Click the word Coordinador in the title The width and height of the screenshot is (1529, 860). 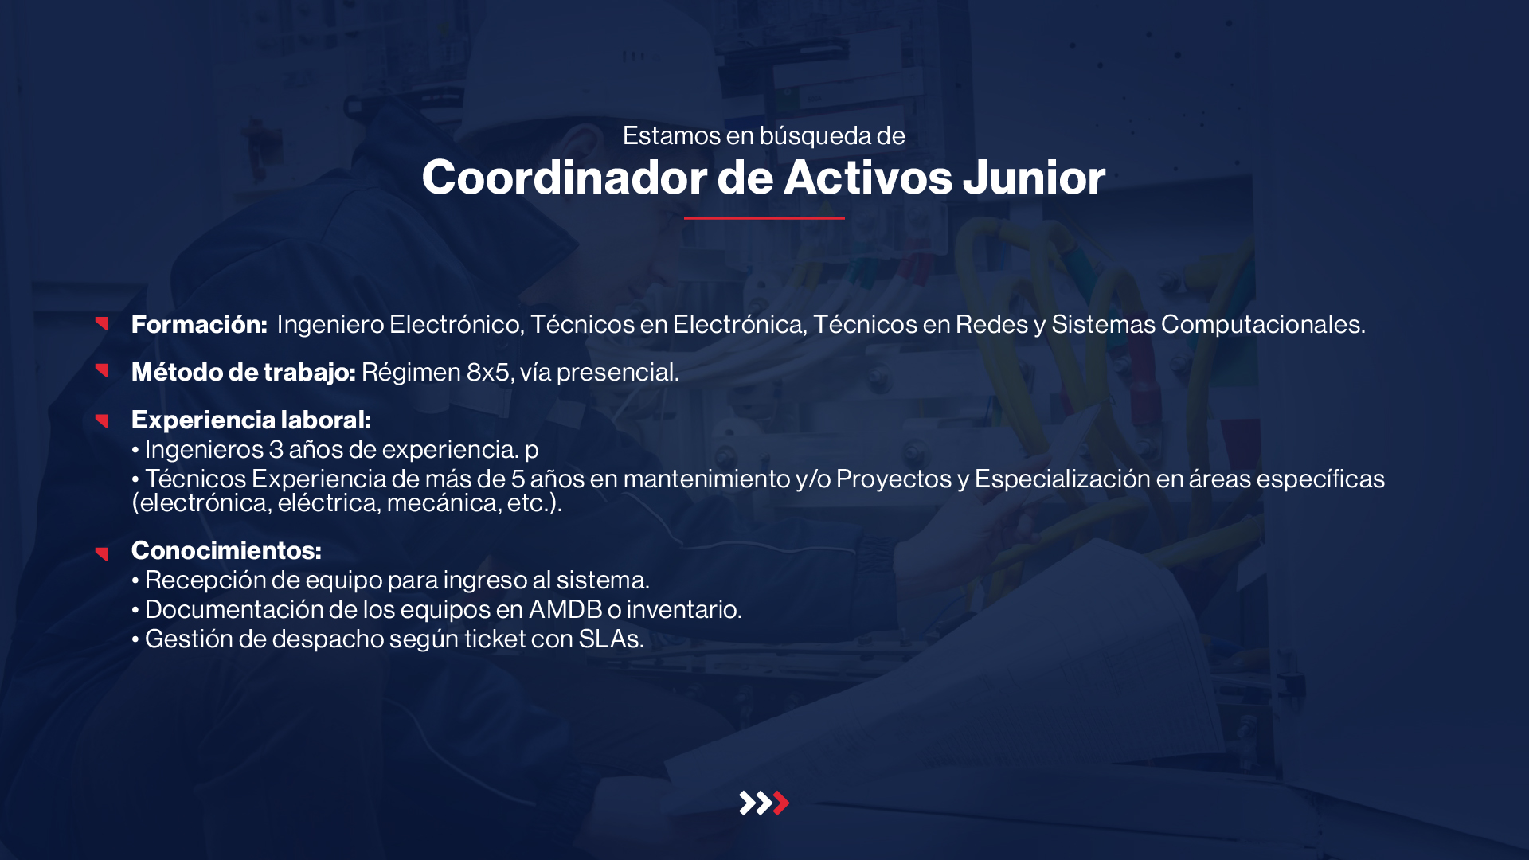coord(565,177)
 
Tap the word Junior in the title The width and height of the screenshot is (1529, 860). coord(1034,177)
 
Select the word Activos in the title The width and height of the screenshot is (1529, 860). coord(868,177)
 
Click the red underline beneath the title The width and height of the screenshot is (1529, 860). coord(764,217)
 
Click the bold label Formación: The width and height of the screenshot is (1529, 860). coord(199,324)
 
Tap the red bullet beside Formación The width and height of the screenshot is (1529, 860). coord(102,323)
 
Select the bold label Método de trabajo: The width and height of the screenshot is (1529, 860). coord(244,372)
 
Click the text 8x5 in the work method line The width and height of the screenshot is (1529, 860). coord(487,372)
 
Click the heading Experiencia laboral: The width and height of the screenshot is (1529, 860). coord(251,420)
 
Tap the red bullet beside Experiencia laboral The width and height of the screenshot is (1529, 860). coord(102,420)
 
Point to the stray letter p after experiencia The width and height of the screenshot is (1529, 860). coord(532,451)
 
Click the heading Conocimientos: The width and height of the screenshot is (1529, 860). coord(226,550)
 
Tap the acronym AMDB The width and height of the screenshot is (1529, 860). coord(565,609)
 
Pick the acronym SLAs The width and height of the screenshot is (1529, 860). coord(611,639)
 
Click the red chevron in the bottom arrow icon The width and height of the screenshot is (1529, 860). coord(781,803)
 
